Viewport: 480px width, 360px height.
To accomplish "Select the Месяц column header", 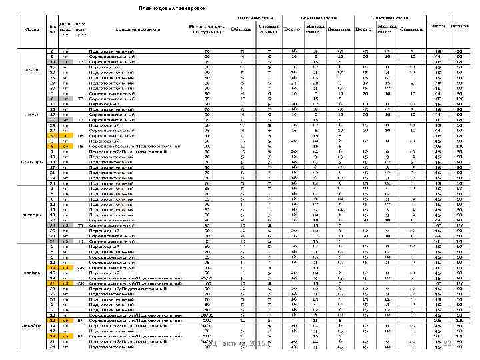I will (31, 29).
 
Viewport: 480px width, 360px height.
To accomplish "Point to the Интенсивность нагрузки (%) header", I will (201, 29).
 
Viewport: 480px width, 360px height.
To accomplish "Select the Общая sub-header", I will (237, 29).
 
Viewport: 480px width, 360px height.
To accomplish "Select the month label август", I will (31, 114).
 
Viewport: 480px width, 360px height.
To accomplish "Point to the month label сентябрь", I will (31, 161).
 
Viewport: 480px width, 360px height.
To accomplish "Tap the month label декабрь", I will (31, 325).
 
